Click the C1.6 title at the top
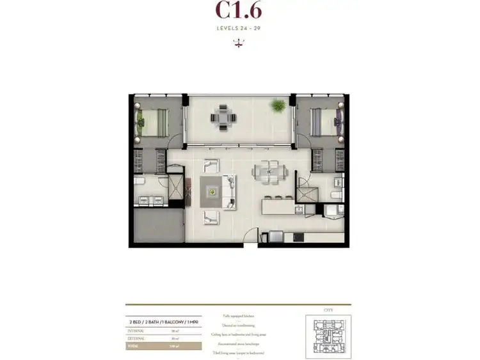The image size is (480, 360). point(238,11)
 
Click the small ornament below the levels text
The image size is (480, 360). point(239,43)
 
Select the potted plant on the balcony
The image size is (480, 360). point(278,105)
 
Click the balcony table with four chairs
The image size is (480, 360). point(223,118)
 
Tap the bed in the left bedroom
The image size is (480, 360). point(152,121)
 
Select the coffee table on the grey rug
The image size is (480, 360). point(212,191)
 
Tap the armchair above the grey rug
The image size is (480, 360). point(211,165)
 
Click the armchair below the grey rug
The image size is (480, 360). point(211,217)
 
